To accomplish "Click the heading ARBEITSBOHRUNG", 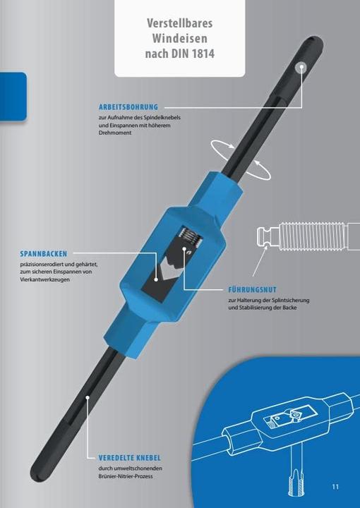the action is coord(128,107).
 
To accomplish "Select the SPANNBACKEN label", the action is coord(44,254).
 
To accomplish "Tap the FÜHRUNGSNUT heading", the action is coord(253,290).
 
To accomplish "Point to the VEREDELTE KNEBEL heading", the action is coord(130,458).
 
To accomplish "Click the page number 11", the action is coord(335,487).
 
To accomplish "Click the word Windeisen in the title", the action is coord(180,38).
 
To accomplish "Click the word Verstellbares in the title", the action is coord(180,23).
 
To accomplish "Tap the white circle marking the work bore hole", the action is coord(301,68).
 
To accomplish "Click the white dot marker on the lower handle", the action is coord(87,397).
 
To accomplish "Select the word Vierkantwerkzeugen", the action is coord(44,279).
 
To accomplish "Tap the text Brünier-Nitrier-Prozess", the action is coord(126,476).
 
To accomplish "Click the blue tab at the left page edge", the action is coord(13,97).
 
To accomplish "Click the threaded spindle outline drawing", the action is coord(308,236).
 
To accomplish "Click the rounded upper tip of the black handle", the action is coord(313,42).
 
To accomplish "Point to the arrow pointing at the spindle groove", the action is coord(260,261).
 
